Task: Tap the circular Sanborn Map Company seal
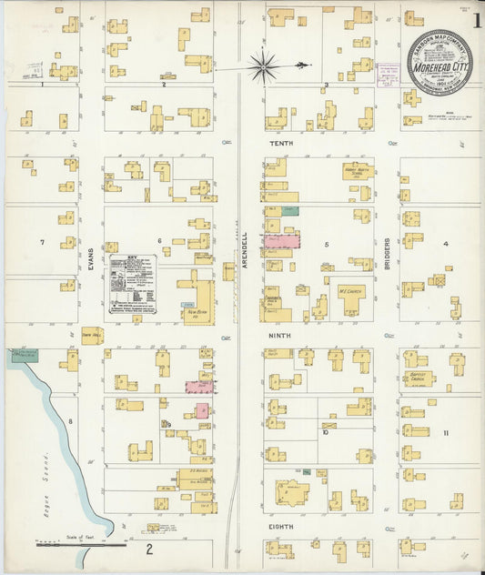[x=439, y=62]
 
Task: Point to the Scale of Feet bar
[x=81, y=546]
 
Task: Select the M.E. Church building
[x=351, y=298]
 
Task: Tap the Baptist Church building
[x=419, y=378]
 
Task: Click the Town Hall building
[x=92, y=335]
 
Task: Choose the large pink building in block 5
[x=282, y=241]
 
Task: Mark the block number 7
[x=42, y=242]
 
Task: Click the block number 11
[x=445, y=432]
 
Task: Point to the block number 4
[x=445, y=244]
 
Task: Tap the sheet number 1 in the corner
[x=471, y=17]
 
